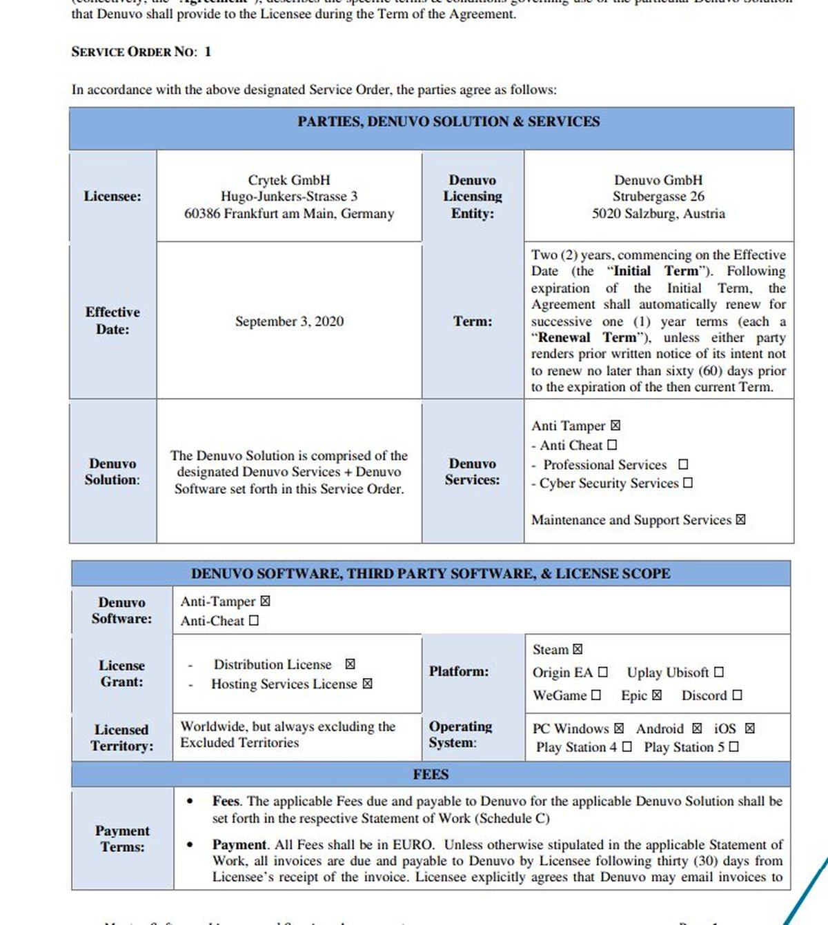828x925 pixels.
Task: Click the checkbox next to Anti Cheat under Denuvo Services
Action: [x=612, y=446]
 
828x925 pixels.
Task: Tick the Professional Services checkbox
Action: [x=683, y=465]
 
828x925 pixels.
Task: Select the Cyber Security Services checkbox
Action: [x=688, y=484]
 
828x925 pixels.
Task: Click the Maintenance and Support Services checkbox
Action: [x=740, y=520]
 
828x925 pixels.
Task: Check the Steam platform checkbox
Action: [x=578, y=650]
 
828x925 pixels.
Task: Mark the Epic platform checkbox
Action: [x=657, y=695]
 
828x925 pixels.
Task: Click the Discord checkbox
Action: [x=737, y=695]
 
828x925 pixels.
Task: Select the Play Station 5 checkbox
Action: [x=733, y=747]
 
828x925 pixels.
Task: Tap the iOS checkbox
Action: [x=750, y=728]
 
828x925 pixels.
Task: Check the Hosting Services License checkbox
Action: [x=367, y=684]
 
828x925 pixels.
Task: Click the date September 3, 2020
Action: [x=289, y=321]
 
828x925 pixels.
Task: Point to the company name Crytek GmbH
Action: [x=289, y=180]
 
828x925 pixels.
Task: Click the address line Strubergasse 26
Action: [x=658, y=197]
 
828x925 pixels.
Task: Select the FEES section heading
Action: [x=431, y=775]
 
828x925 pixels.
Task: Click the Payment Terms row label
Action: [x=122, y=839]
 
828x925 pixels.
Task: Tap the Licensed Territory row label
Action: [x=122, y=737]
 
